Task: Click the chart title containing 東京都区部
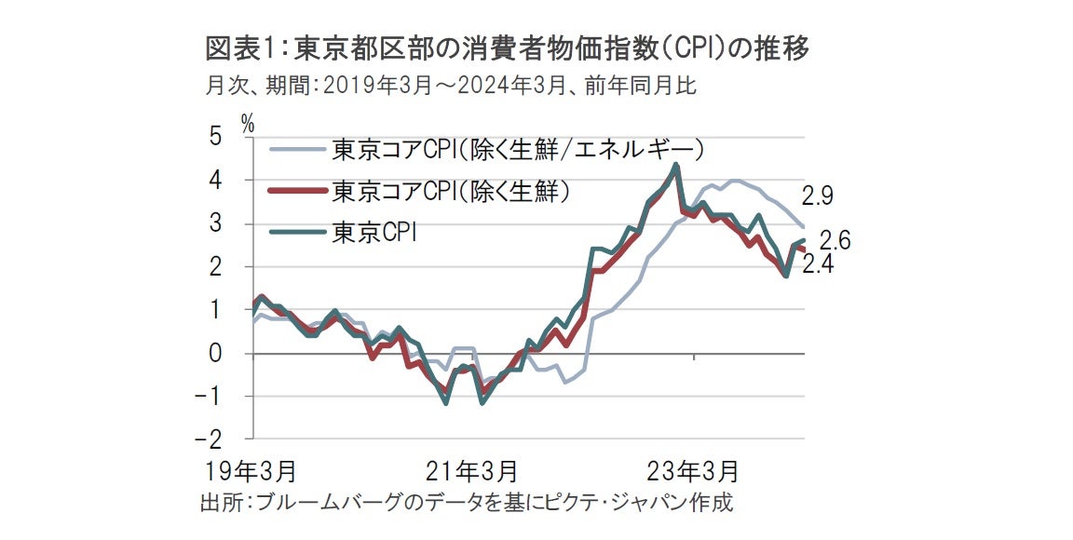pyautogui.click(x=505, y=49)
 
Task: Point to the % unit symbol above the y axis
pyautogui.click(x=248, y=121)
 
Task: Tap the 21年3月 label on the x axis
pyautogui.click(x=473, y=466)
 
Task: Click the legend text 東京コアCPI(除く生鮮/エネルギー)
pyautogui.click(x=518, y=148)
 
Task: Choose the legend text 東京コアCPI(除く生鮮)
pyautogui.click(x=450, y=191)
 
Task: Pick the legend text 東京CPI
pyautogui.click(x=374, y=233)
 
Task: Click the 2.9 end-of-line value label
pyautogui.click(x=817, y=197)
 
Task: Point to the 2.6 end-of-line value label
pyautogui.click(x=835, y=241)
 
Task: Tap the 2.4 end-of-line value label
pyautogui.click(x=817, y=264)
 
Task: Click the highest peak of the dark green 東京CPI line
pyautogui.click(x=675, y=165)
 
